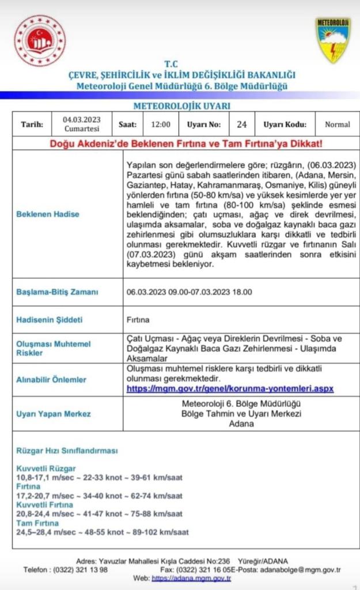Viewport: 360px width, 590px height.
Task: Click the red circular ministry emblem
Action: [40, 40]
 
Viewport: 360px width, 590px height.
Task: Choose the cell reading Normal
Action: [337, 124]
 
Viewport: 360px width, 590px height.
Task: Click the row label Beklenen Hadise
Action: [48, 214]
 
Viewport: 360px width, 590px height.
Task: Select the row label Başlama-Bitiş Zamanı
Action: [57, 292]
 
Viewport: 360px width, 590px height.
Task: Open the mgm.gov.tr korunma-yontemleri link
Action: [230, 389]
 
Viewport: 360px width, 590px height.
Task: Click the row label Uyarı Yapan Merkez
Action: [54, 414]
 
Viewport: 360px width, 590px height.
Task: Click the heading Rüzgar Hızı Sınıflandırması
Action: [67, 451]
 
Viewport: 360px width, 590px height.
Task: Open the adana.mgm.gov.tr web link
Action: [187, 578]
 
